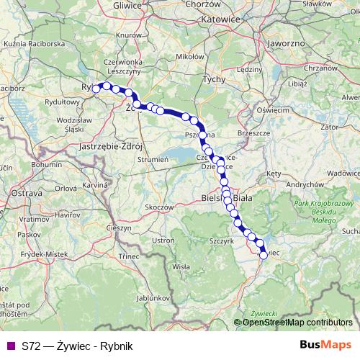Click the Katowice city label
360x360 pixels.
[x=220, y=19]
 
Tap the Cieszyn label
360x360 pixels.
[x=119, y=228]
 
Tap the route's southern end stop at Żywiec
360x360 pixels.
[x=263, y=255]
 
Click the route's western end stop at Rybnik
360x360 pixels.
[x=96, y=89]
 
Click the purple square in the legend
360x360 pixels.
[x=11, y=346]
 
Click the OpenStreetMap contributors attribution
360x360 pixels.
[x=297, y=323]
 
